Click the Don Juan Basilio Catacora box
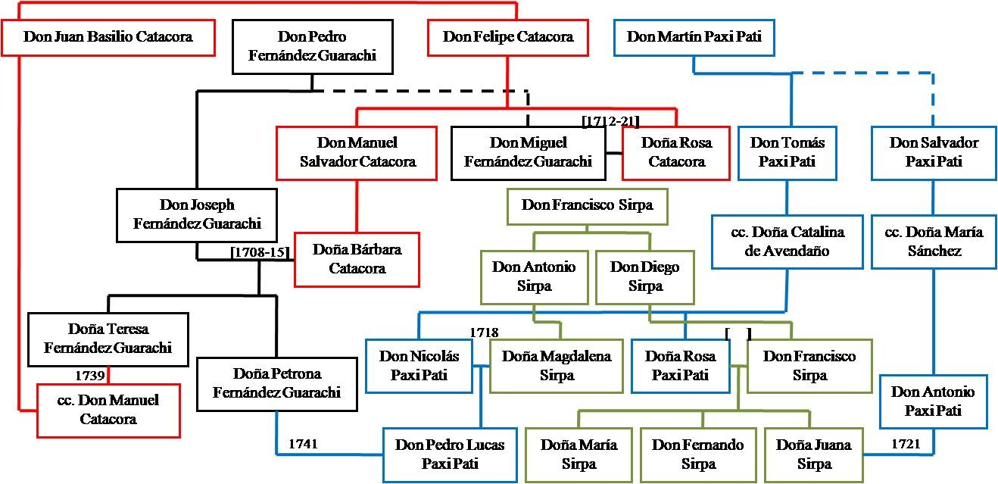[108, 36]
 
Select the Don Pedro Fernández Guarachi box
[312, 46]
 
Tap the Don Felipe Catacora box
[508, 36]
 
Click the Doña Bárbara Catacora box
[357, 259]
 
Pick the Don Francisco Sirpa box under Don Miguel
[587, 205]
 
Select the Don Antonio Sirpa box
[534, 276]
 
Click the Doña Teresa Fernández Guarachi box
[107, 339]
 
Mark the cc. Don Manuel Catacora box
[108, 409]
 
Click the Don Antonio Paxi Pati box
[933, 401]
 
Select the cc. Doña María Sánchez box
[933, 242]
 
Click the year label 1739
[89, 375]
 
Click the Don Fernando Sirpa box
[698, 454]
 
